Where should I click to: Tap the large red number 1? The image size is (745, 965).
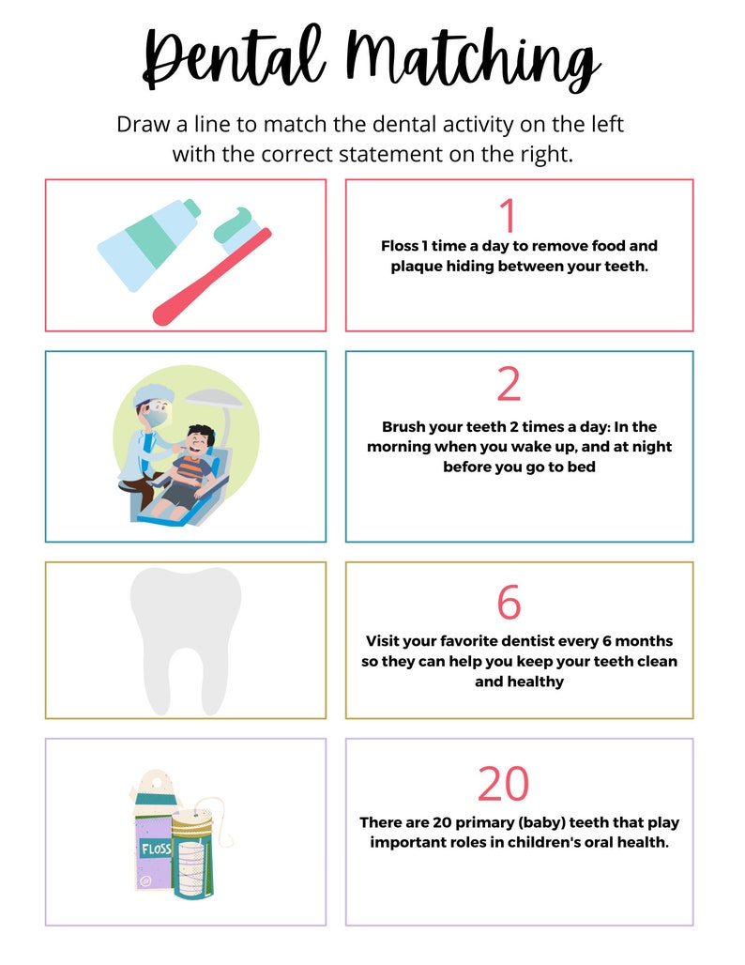508,216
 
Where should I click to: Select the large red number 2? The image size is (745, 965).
509,383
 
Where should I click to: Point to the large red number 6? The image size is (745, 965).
509,603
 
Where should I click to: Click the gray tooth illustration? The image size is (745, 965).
185,638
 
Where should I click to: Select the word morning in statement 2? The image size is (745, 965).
403,446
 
